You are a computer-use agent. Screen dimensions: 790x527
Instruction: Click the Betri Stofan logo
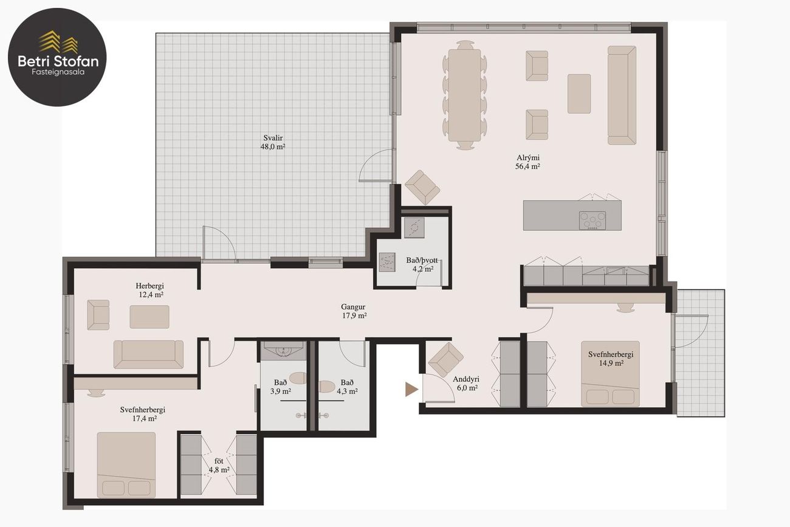tap(57, 57)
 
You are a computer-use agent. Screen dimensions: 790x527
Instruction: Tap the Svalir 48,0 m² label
tap(273, 142)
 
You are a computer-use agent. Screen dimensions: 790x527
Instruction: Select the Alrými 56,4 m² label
tap(527, 162)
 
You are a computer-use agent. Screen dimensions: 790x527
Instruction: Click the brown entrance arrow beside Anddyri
tap(411, 390)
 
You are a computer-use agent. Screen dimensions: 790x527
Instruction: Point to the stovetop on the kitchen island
tap(592, 221)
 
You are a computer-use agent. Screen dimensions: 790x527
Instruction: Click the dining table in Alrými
tap(464, 95)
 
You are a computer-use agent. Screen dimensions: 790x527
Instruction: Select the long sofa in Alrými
tap(622, 95)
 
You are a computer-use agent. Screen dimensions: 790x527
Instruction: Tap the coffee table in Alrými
tap(579, 94)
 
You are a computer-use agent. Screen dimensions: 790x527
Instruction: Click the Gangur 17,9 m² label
tap(354, 311)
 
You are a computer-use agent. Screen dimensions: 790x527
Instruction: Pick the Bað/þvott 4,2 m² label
tap(422, 264)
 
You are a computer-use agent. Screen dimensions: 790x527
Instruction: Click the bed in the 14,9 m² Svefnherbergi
tap(610, 374)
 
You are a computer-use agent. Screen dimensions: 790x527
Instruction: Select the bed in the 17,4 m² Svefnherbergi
tap(126, 465)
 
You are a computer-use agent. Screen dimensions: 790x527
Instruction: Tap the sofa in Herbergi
tap(148, 354)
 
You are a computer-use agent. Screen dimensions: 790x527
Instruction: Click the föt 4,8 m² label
tap(219, 465)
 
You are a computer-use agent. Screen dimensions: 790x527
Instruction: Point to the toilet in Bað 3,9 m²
tap(298, 378)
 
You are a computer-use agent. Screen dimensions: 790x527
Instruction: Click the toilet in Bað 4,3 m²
tap(326, 387)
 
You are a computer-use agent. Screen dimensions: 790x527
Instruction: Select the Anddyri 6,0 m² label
tap(466, 384)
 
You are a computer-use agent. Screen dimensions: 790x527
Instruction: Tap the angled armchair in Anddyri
tap(445, 360)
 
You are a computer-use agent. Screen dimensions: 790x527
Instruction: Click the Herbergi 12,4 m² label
tap(150, 290)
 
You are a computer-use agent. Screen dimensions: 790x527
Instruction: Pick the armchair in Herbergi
tap(98, 315)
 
